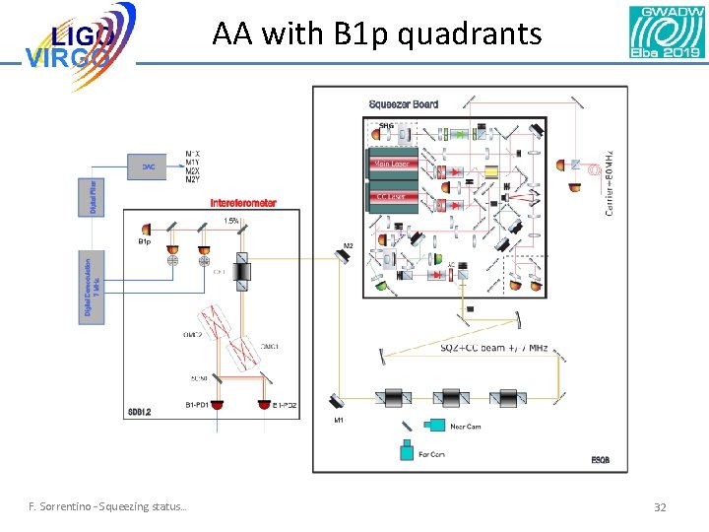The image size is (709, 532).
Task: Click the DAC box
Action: pyautogui.click(x=148, y=166)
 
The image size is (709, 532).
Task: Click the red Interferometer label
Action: pyautogui.click(x=243, y=203)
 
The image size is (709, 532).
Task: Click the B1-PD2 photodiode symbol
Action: pyautogui.click(x=264, y=405)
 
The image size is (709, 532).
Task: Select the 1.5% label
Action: pyautogui.click(x=231, y=220)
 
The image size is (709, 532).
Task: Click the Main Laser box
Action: pyautogui.click(x=392, y=164)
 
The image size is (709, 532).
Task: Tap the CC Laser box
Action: pyautogui.click(x=392, y=197)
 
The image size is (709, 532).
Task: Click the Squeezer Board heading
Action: pyautogui.click(x=404, y=104)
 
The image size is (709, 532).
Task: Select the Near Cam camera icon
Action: pyautogui.click(x=433, y=426)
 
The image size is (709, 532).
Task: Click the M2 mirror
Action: pyautogui.click(x=340, y=255)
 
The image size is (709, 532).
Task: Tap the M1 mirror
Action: pyautogui.click(x=338, y=401)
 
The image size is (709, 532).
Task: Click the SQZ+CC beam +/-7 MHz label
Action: pyautogui.click(x=493, y=348)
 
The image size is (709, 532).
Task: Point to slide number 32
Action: pyautogui.click(x=660, y=507)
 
